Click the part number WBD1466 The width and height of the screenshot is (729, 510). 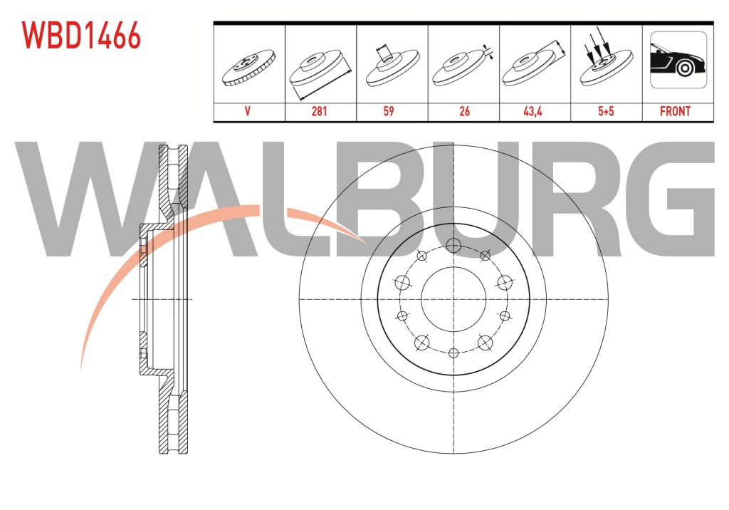(81, 36)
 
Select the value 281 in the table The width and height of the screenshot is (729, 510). (320, 111)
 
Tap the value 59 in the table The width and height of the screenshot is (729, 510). (389, 111)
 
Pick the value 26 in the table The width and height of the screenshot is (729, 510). (464, 111)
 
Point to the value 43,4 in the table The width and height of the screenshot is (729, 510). (533, 111)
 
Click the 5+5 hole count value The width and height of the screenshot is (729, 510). (606, 111)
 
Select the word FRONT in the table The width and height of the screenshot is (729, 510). (675, 111)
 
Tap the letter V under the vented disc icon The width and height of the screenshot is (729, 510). (247, 111)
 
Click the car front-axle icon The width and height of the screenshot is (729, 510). (678, 60)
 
